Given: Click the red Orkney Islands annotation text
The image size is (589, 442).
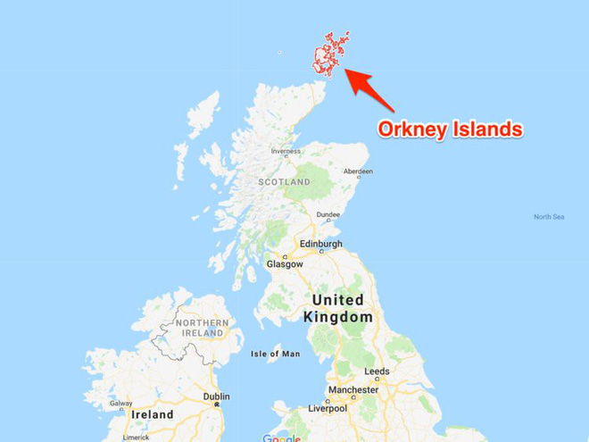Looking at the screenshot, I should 450,129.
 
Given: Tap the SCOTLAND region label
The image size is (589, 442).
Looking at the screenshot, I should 284,182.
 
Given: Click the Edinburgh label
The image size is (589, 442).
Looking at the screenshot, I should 320,243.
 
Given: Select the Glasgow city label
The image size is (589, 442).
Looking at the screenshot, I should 284,264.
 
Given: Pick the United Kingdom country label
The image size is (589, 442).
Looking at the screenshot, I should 338,308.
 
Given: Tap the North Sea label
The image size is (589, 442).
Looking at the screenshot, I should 549,217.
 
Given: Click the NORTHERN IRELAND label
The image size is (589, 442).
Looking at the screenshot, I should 201,327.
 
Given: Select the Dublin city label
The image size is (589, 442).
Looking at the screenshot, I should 216,396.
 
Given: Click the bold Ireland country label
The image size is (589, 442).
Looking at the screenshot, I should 152,415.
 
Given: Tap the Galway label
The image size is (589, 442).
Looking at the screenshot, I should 120,404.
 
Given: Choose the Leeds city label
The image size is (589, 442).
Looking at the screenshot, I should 377,371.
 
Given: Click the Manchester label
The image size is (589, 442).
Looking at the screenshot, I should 353,390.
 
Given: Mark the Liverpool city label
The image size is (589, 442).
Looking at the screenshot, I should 328,408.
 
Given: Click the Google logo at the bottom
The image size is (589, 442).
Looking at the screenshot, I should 282,438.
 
